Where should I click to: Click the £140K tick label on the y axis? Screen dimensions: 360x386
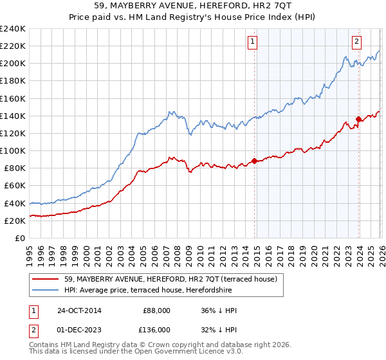coord(13,116)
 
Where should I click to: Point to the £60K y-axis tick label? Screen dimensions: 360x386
coord(15,186)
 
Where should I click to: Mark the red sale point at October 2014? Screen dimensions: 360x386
coord(255,161)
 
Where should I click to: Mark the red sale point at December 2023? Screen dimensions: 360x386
coord(358,119)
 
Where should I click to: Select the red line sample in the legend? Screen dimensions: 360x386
coord(46,279)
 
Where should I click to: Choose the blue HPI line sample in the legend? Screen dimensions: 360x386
coord(46,291)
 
